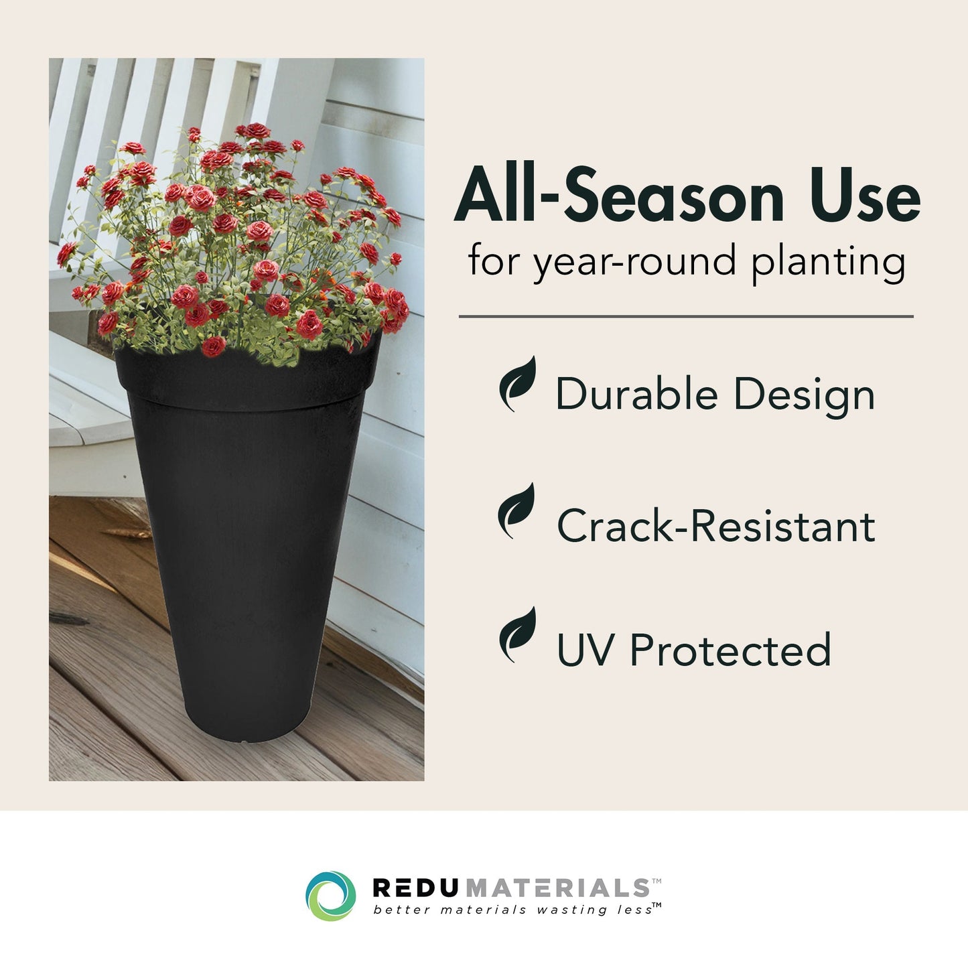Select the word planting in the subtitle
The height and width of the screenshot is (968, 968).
[x=828, y=262]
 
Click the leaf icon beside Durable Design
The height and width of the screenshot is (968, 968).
[x=518, y=384]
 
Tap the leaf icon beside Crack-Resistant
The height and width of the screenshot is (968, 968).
[x=517, y=510]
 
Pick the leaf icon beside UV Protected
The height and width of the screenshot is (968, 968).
[x=518, y=634]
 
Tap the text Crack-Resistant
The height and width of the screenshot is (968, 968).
[x=716, y=525]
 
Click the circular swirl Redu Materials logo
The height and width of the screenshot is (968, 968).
[x=330, y=896]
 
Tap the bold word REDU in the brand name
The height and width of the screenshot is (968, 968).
[x=415, y=888]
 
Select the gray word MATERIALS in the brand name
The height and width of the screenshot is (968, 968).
[x=557, y=888]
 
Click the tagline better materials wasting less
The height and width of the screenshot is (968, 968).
[x=512, y=910]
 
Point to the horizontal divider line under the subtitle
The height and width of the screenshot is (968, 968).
[x=686, y=316]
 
